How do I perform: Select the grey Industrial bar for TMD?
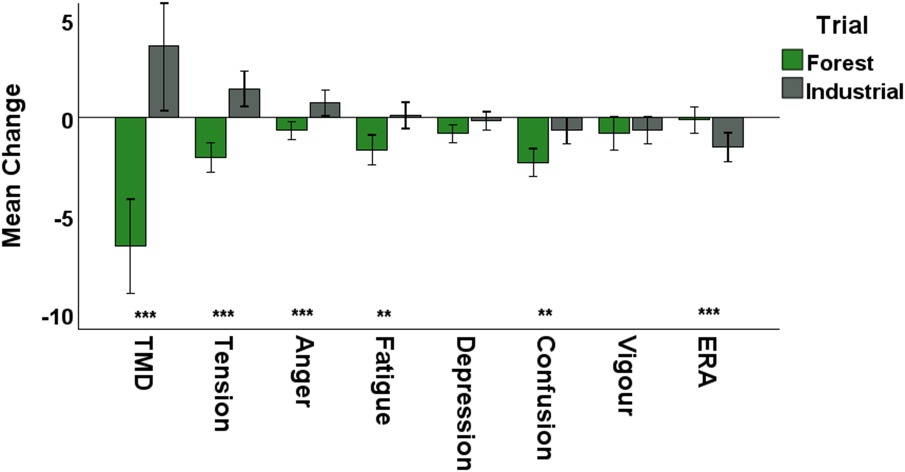coord(164,82)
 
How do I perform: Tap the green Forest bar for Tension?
coord(210,137)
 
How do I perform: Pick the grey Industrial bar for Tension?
coord(244,103)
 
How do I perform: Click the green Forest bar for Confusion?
coord(533,140)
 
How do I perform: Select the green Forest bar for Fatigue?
coord(372,134)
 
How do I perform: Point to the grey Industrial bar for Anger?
coord(325,110)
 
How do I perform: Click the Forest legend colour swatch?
coord(792,60)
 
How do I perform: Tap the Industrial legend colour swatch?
coord(792,88)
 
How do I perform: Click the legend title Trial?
coord(842,25)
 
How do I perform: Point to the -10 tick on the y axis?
coord(57,318)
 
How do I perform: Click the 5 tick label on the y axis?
coord(67,23)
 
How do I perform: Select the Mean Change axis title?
coord(12,166)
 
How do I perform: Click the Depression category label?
coord(464,403)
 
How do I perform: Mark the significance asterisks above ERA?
coord(708,312)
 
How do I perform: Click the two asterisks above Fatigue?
coord(384,313)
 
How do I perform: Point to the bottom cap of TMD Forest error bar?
coord(130,294)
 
